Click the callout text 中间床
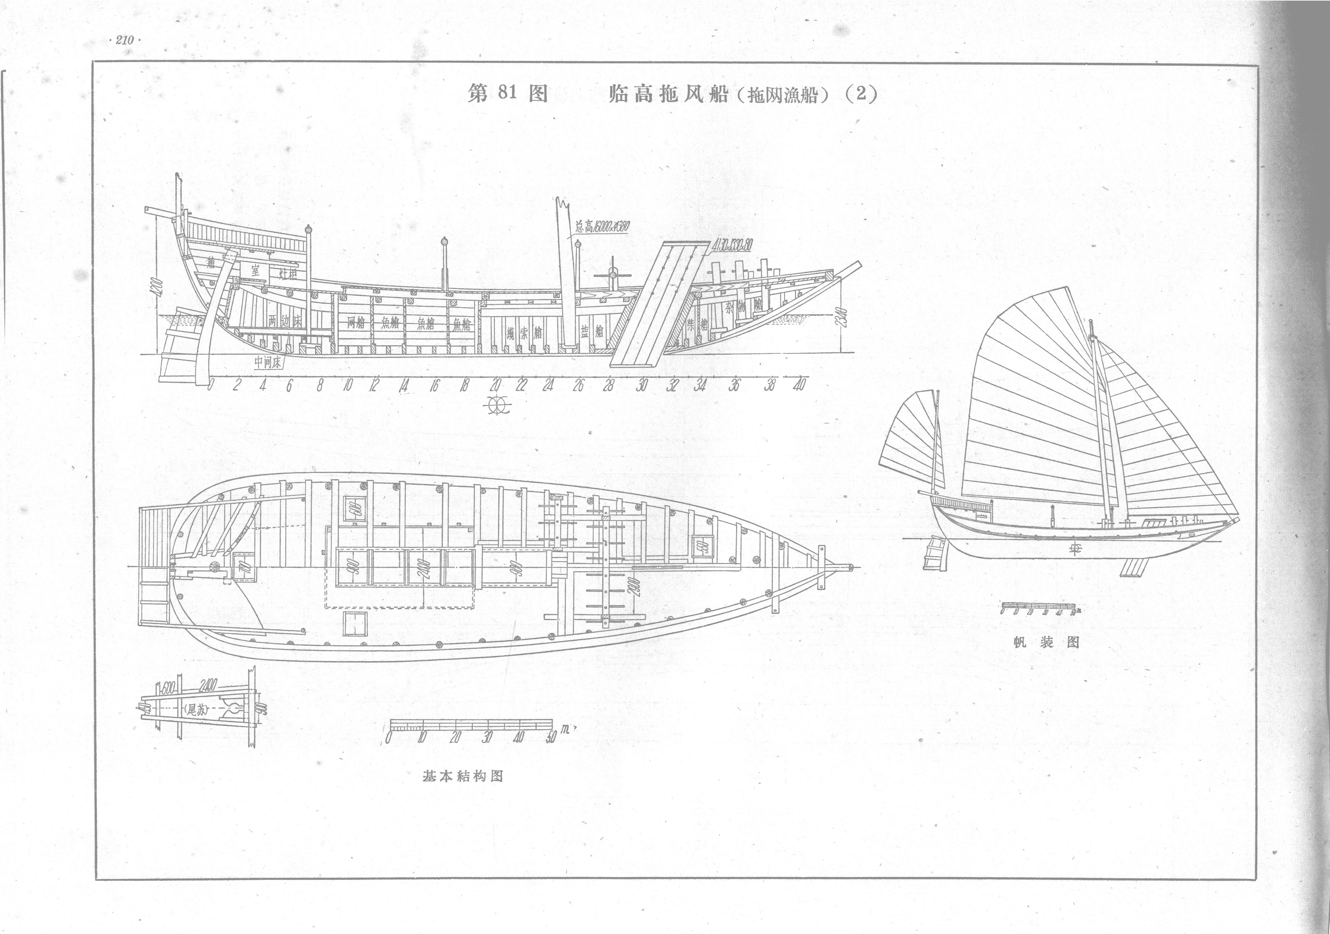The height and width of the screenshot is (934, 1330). [267, 361]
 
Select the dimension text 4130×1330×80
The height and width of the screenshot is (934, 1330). [732, 245]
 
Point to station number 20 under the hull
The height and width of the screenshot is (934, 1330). [495, 385]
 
